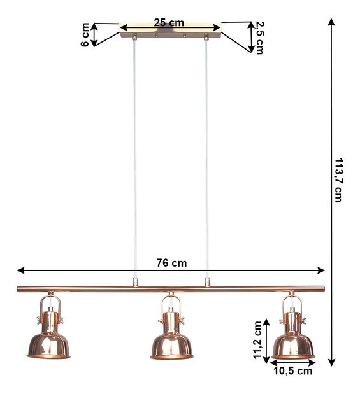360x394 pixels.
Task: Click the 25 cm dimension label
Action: (x=169, y=23)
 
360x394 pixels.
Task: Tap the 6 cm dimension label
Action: (x=85, y=35)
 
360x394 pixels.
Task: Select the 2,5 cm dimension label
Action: (x=259, y=38)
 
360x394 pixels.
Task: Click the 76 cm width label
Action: (x=171, y=262)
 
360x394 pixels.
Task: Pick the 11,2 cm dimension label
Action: (x=257, y=341)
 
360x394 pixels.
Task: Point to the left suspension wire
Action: (x=134, y=159)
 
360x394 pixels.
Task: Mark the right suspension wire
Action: (x=206, y=159)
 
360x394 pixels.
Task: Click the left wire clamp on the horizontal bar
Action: (x=134, y=281)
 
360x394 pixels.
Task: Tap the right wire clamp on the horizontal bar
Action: (x=206, y=281)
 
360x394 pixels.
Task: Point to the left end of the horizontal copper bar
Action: (x=20, y=289)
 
